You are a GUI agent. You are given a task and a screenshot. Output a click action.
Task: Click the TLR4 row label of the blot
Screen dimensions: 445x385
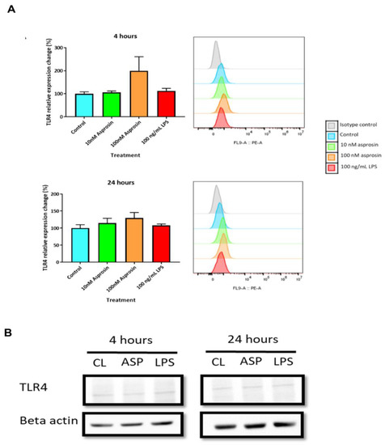(37, 387)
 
